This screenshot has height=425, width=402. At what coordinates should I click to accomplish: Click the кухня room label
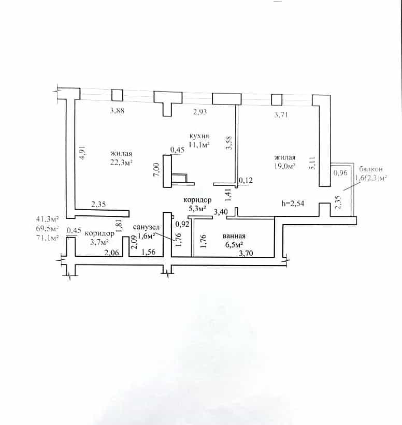[199, 136]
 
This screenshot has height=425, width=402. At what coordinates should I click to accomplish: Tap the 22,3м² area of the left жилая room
[121, 162]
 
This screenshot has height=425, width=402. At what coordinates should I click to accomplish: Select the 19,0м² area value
[284, 166]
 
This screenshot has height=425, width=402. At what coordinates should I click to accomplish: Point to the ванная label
[234, 236]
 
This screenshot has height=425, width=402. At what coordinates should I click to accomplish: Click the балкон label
[371, 169]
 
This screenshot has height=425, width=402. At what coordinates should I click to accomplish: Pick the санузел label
[146, 227]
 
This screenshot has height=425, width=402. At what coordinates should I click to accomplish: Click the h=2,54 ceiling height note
[293, 203]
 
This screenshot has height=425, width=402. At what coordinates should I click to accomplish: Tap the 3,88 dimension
[117, 111]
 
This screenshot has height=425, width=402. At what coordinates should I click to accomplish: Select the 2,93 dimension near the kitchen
[200, 112]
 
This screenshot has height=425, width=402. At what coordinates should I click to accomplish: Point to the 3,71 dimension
[281, 114]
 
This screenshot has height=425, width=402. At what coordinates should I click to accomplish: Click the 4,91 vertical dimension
[83, 152]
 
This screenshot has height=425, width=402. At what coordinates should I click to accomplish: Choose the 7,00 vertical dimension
[157, 170]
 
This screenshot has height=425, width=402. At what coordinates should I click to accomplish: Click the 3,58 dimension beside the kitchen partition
[229, 143]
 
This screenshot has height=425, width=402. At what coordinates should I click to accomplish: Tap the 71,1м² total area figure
[48, 238]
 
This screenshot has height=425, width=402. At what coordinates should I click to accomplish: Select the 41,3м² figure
[48, 219]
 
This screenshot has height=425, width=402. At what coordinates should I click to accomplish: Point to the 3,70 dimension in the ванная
[246, 254]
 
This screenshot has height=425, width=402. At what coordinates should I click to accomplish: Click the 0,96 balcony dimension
[340, 173]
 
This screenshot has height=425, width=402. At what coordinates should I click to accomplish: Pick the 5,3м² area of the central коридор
[197, 209]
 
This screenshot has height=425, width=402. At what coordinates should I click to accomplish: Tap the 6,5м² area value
[234, 245]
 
